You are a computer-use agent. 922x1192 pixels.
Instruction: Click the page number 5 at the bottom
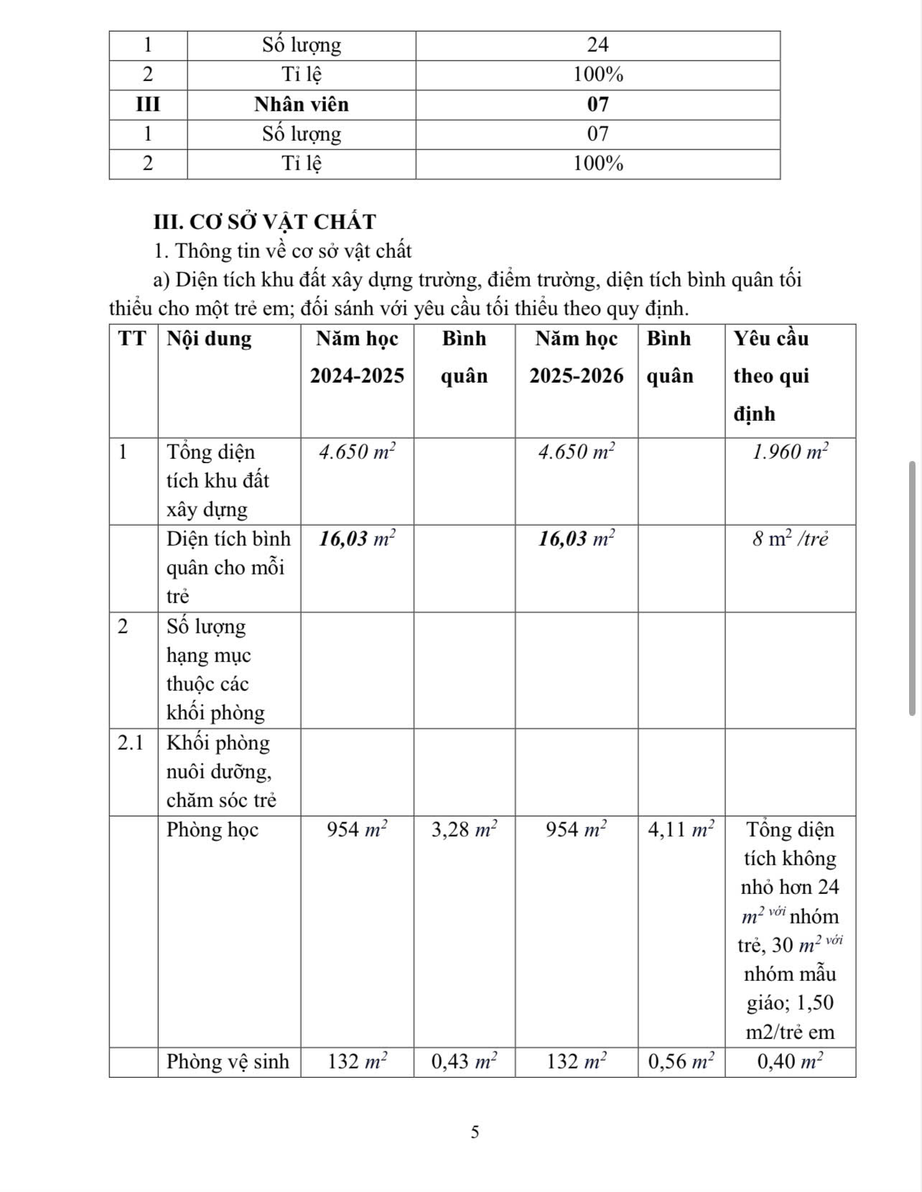475,1132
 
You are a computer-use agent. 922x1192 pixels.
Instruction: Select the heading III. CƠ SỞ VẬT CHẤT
265,222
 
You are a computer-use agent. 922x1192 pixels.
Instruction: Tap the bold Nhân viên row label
302,105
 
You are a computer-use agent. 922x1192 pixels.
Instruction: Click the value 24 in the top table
597,45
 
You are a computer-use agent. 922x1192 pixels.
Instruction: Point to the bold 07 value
597,105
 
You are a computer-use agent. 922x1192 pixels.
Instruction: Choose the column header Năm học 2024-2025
357,358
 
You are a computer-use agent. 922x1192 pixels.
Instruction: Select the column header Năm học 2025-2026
577,358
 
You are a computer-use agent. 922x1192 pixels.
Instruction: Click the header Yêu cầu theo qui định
771,376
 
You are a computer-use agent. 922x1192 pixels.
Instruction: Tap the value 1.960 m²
791,452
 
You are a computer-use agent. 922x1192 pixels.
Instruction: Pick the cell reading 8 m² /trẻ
791,539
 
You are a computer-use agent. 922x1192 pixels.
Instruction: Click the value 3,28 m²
465,830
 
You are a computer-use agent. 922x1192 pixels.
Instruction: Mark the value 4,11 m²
681,830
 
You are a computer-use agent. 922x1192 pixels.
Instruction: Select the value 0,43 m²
465,1062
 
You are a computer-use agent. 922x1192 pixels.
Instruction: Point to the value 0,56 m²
681,1062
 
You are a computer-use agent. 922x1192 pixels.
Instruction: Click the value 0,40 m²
791,1062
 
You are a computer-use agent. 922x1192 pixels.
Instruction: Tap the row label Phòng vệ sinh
228,1062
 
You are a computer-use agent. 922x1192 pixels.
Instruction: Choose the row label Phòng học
213,830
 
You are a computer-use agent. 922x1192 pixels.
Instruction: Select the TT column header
132,339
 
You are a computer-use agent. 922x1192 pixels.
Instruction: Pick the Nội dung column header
209,339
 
